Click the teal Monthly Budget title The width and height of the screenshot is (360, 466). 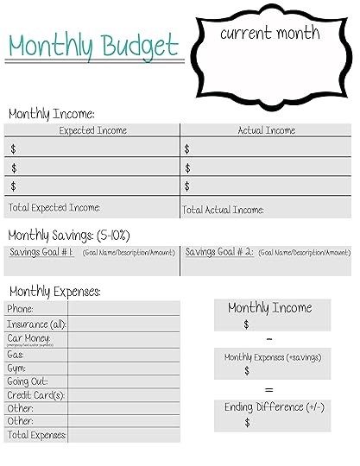pos(93,45)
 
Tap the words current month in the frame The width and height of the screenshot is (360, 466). pos(269,34)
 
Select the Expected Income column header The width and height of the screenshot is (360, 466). pos(92,130)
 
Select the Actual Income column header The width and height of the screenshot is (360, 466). pos(266,130)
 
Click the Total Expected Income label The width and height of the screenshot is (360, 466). pos(54,207)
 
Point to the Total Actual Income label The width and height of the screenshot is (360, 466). pos(224,210)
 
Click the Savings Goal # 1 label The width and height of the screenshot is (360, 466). pos(41,252)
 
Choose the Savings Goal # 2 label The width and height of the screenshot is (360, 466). pos(218,252)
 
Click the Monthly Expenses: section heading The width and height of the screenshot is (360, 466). pos(54,292)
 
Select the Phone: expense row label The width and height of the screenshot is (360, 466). pos(21,308)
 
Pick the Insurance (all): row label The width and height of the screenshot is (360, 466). pos(36,324)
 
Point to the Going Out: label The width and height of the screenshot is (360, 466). pos(28,381)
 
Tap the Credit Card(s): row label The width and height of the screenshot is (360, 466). pos(36,394)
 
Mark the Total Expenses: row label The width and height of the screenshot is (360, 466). pos(37,435)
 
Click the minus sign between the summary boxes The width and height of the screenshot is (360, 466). pos(269,337)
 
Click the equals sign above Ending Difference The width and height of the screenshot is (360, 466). pos(269,388)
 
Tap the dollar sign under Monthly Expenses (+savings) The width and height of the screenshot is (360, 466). pos(247,371)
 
